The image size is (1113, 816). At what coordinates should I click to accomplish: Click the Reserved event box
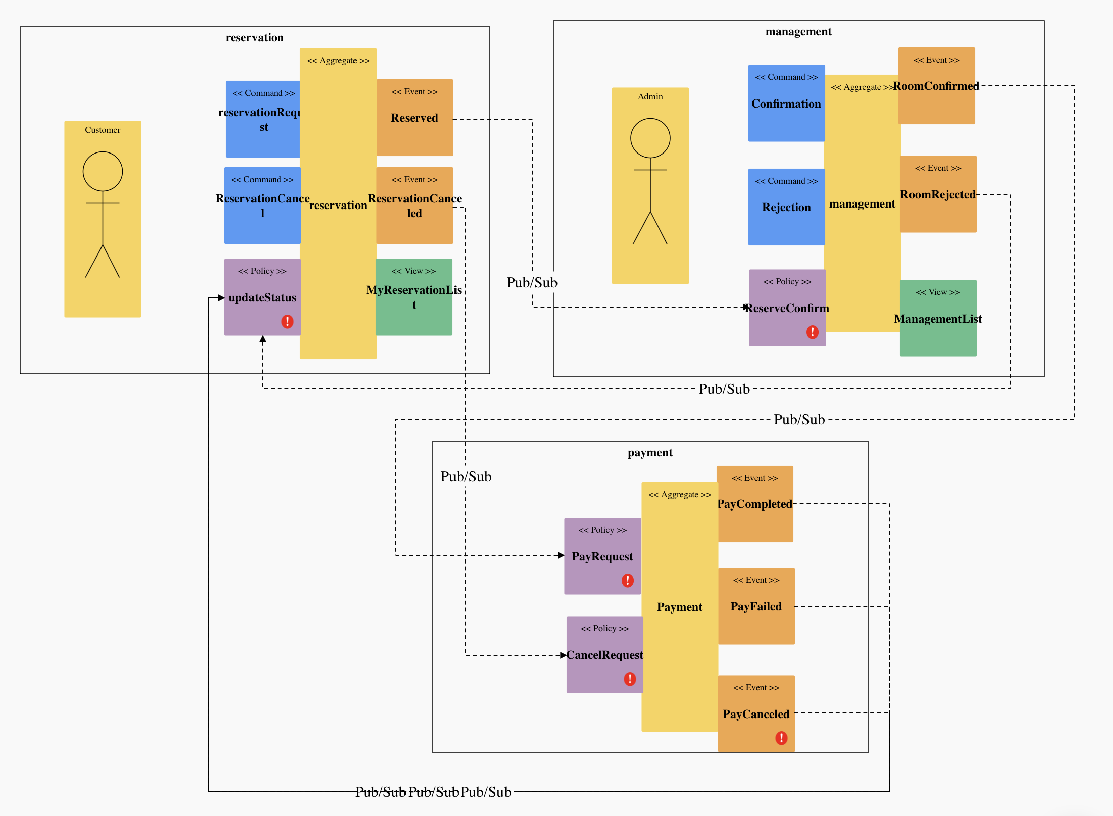415,118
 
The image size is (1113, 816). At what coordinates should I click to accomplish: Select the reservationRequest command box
263,119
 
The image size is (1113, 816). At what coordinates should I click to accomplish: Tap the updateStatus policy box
262,297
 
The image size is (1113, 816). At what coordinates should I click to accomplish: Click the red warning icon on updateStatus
287,322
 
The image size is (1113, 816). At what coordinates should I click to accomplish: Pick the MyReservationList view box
414,297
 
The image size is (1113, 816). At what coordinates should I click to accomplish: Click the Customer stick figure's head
103,172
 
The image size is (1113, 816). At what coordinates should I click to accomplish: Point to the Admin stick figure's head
650,138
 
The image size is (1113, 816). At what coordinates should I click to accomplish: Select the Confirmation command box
786,104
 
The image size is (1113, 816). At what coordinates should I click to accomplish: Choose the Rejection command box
786,207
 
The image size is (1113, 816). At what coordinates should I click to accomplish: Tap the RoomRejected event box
938,194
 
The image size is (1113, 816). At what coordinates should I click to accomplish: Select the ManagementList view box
938,319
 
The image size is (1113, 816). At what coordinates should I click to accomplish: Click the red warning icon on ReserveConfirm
812,332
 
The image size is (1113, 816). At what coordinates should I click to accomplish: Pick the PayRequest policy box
602,556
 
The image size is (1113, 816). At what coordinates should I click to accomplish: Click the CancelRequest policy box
604,654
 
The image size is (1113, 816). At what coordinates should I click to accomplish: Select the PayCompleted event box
755,504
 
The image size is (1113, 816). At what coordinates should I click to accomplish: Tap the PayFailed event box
756,606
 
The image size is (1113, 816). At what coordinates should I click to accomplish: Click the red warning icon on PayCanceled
781,738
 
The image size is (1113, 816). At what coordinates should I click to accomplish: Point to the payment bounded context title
650,453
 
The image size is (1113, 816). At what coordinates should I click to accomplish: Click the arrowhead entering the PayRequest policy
561,555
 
